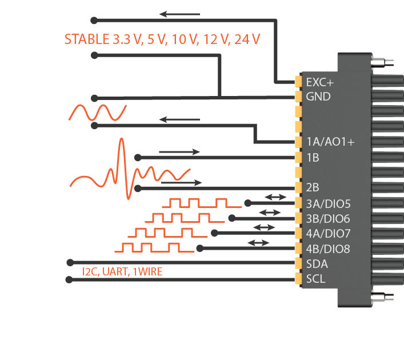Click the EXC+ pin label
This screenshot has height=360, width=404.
320,82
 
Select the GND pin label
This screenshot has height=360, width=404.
318,97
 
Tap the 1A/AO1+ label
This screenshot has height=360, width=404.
330,142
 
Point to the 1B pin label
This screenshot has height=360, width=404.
313,157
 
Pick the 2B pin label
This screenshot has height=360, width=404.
313,187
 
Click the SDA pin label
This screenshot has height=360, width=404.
318,264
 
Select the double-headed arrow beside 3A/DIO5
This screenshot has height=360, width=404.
275,197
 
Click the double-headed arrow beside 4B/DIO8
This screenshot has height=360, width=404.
258,243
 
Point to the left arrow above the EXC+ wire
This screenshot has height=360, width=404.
179,14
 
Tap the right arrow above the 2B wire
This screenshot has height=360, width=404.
182,183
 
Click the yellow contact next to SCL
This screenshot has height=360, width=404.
298,279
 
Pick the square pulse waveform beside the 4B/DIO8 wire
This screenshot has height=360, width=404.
143,247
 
